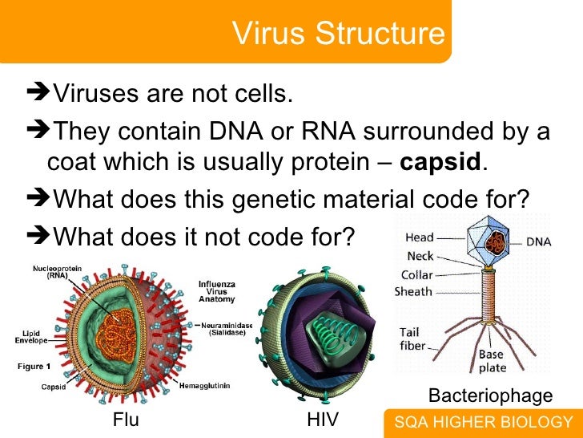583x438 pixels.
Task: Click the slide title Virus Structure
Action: (x=338, y=34)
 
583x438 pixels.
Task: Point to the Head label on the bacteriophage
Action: (x=420, y=237)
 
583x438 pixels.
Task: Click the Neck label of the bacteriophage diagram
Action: (x=419, y=256)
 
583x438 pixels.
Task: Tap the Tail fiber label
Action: (x=409, y=339)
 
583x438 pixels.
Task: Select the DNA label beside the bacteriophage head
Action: (x=537, y=240)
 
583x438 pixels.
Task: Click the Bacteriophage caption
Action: (x=490, y=395)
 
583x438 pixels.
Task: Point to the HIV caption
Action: (x=323, y=420)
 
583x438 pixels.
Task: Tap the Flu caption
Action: (x=126, y=420)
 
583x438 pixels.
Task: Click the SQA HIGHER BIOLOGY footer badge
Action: (x=483, y=423)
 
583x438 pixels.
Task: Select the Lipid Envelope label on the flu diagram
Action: (x=30, y=336)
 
